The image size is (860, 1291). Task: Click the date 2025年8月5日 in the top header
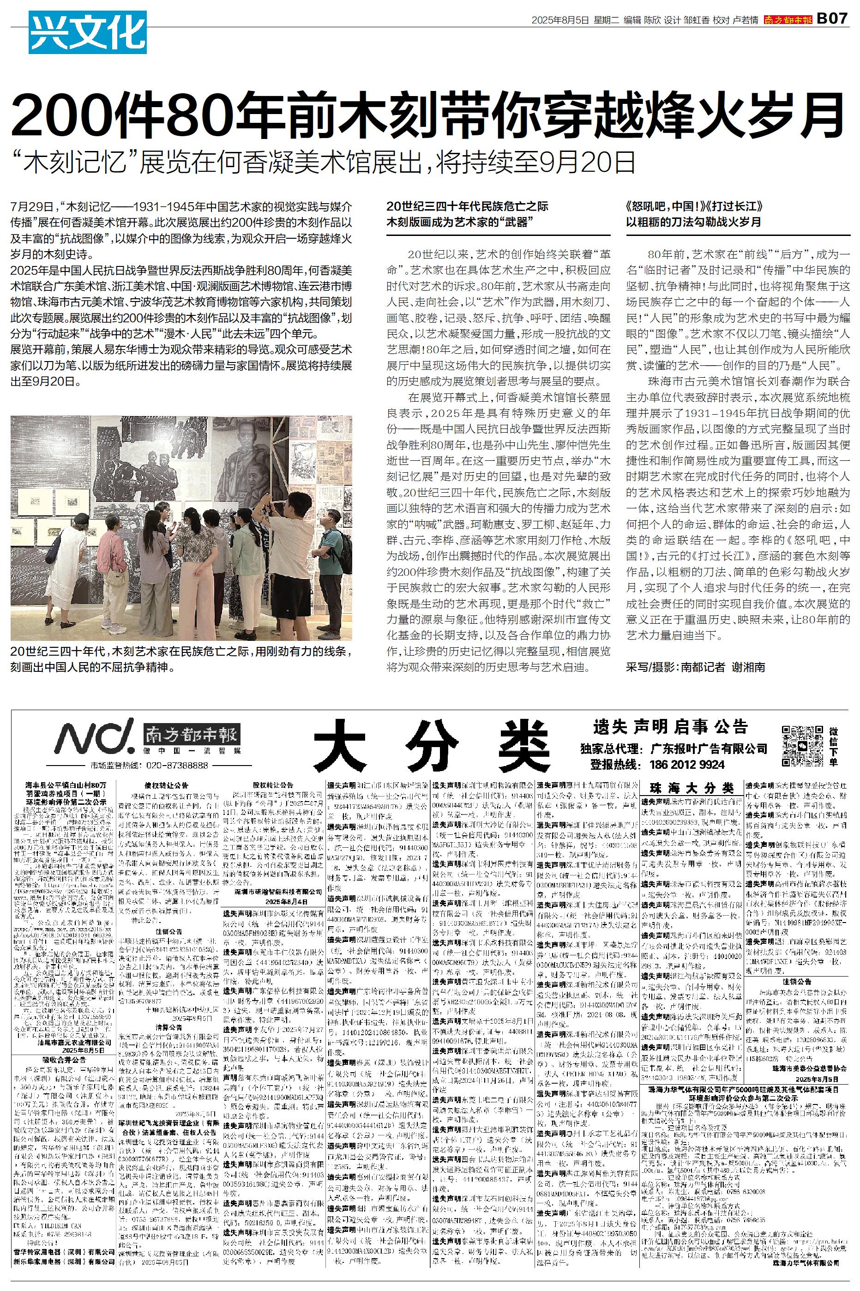pos(560,20)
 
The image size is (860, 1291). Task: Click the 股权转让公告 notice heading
pos(273,785)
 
